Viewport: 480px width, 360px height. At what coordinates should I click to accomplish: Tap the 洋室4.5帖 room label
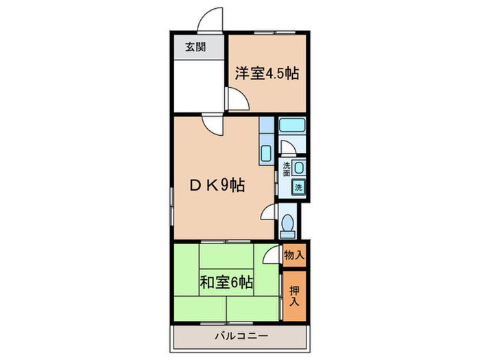point(267,73)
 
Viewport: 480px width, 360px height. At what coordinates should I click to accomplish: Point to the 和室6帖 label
point(226,282)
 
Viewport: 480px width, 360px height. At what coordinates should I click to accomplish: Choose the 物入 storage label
point(294,255)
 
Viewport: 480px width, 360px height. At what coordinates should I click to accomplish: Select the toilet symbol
point(289,224)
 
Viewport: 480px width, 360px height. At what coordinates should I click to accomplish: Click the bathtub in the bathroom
point(292,125)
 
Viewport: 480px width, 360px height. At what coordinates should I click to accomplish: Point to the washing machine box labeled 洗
point(299,187)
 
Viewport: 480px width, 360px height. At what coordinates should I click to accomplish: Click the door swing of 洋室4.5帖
point(237,101)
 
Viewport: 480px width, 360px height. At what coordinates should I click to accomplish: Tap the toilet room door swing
point(269,213)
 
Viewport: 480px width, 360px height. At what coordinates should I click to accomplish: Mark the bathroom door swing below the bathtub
point(287,149)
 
